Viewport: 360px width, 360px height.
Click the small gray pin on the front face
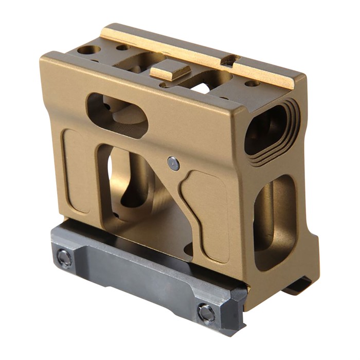coord(173,164)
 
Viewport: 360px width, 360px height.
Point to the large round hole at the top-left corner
coord(89,50)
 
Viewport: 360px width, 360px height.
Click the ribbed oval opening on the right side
coord(271,129)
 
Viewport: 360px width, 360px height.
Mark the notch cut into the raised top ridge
coord(230,61)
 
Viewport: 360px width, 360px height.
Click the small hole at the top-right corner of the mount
coord(252,83)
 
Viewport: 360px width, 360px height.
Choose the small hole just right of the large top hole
coord(122,47)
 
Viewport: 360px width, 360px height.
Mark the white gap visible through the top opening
coord(202,87)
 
